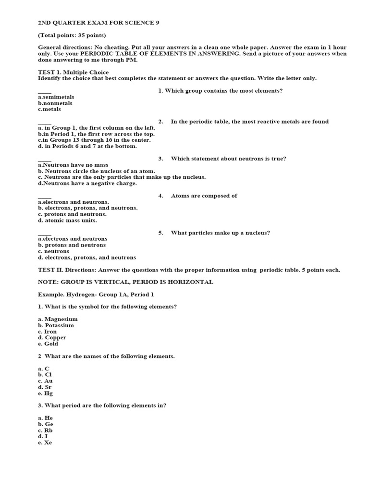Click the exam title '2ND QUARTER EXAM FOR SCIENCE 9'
(98, 23)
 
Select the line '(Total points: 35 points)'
(72, 35)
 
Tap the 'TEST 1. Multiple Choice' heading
(74, 72)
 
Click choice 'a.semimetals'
(56, 97)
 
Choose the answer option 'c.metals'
(49, 109)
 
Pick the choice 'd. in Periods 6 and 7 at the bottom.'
(87, 146)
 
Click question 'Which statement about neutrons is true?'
(229, 159)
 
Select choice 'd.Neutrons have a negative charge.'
(87, 183)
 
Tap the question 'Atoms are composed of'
(204, 196)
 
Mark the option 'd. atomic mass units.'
(67, 220)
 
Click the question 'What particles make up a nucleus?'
(221, 233)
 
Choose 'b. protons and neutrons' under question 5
(73, 245)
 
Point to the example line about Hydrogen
(96, 294)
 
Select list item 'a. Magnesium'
(58, 319)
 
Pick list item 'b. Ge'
(46, 424)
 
